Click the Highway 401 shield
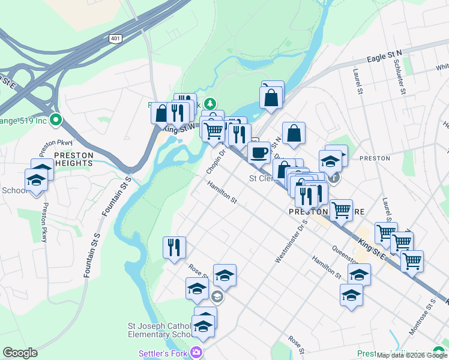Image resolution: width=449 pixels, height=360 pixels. (x=114, y=38)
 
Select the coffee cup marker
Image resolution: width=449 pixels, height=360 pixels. (x=259, y=152)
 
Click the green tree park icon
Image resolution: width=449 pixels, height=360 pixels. (x=209, y=104)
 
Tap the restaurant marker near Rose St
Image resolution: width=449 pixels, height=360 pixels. (x=174, y=247)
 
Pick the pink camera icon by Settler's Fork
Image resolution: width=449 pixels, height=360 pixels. (x=195, y=352)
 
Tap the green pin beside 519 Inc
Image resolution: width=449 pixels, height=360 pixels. (x=56, y=120)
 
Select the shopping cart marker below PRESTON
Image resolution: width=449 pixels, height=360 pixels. (x=341, y=210)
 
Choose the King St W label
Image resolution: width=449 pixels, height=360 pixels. (x=178, y=127)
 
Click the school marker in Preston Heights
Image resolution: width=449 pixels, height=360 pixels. (x=36, y=180)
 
